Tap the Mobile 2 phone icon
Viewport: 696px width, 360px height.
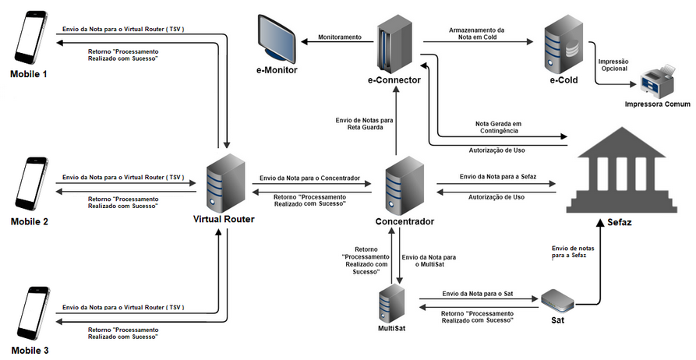pos(29,185)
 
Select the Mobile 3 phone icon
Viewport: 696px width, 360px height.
pos(29,316)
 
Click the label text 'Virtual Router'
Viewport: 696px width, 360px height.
pos(223,220)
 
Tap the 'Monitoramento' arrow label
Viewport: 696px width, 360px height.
pos(339,37)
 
